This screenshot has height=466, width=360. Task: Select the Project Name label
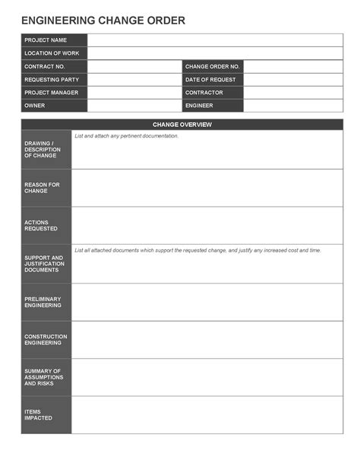pos(46,40)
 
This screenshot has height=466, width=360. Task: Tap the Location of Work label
pos(51,53)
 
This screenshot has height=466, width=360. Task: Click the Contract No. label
pos(45,66)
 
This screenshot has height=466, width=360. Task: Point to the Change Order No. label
pos(212,66)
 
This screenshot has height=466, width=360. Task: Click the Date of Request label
pos(210,79)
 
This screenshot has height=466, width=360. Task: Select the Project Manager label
pos(51,92)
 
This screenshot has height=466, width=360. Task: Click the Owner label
pos(35,105)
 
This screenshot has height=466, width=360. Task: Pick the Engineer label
pos(199,105)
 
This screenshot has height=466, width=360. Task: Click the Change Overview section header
pos(182,125)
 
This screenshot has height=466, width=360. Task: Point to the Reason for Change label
pos(42,188)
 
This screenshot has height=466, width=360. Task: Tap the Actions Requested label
pos(41,225)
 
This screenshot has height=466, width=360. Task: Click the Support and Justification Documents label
pos(43,264)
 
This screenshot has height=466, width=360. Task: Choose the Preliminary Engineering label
pos(43,302)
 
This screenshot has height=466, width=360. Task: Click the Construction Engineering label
pos(46,339)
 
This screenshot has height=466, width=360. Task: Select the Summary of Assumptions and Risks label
pos(44,377)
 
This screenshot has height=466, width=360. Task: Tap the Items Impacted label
pos(38,415)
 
